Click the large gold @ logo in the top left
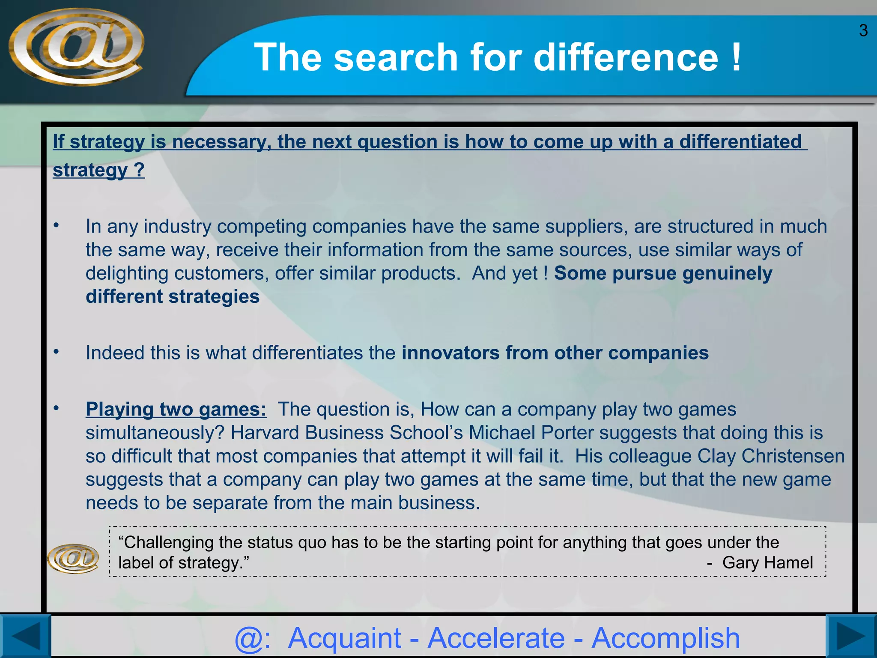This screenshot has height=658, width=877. [76, 46]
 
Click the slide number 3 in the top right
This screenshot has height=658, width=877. [863, 31]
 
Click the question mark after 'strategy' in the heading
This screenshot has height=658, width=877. [139, 170]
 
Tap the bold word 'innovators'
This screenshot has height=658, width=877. [450, 353]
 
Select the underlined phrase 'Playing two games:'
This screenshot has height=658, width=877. [176, 409]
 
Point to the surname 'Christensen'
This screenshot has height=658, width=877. [793, 456]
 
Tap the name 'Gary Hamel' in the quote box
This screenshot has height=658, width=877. [767, 562]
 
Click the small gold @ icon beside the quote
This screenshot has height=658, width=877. [73, 558]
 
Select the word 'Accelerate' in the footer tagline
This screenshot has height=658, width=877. [496, 638]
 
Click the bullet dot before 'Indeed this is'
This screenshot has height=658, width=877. [56, 352]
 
